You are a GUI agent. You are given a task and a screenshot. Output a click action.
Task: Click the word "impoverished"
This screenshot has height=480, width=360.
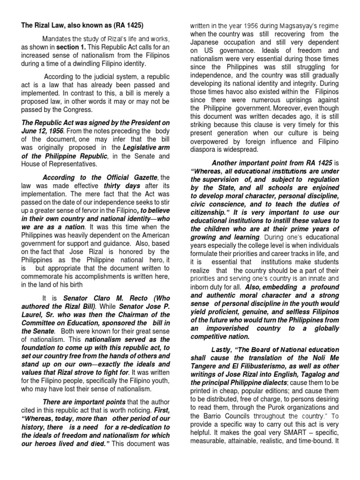coord(229,329)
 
